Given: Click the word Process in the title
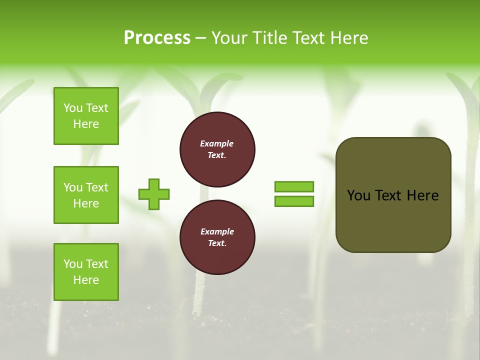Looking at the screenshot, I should (x=157, y=38).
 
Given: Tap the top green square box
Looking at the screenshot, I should (x=86, y=116).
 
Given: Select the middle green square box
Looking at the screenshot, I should (x=86, y=195).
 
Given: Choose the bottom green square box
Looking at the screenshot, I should (x=86, y=272).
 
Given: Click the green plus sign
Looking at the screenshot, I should (x=154, y=194).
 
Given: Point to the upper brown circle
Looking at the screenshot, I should (x=217, y=149).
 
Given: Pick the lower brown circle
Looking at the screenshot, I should (x=217, y=237).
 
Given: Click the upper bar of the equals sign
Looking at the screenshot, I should (x=294, y=186).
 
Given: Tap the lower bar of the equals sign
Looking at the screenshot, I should (x=294, y=201).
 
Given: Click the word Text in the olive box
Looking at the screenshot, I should (x=388, y=195).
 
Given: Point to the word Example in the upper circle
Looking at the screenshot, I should (x=217, y=143).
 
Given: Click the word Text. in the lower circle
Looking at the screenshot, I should (x=217, y=243).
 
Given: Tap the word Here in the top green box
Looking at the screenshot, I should (x=86, y=124).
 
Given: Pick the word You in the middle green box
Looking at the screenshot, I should (x=73, y=187).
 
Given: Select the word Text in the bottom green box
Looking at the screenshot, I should (x=97, y=264).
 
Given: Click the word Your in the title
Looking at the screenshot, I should (x=229, y=38).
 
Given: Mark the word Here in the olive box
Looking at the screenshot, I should (x=422, y=195).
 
